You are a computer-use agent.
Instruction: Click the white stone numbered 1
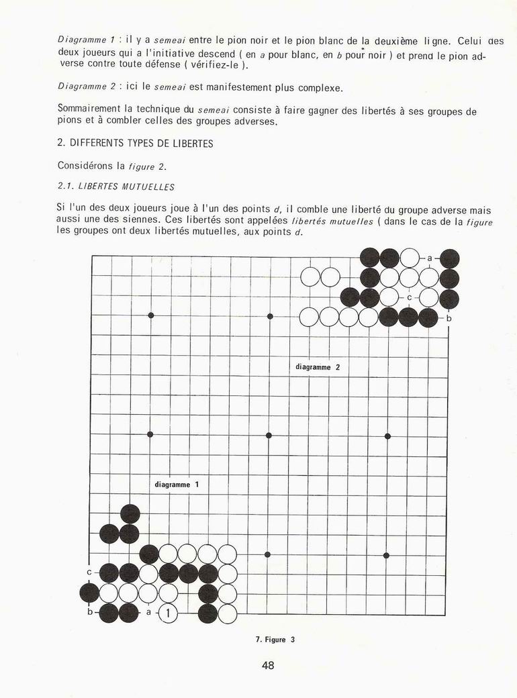click(168, 613)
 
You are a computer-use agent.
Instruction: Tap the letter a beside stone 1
click(148, 612)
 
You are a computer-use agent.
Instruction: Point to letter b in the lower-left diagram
click(89, 612)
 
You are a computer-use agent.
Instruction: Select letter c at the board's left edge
click(89, 572)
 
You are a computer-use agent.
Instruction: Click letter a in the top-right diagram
click(429, 258)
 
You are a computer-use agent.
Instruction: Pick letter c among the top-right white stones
click(409, 297)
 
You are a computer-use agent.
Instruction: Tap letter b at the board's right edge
click(449, 318)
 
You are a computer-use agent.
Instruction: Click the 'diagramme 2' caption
click(318, 367)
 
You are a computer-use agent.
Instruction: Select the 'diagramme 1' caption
click(177, 484)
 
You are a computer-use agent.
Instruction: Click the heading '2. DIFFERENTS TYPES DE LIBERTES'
click(135, 144)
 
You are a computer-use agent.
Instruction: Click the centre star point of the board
click(269, 436)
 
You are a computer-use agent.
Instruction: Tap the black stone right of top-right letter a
click(449, 258)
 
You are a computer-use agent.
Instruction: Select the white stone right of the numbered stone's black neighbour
click(228, 613)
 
